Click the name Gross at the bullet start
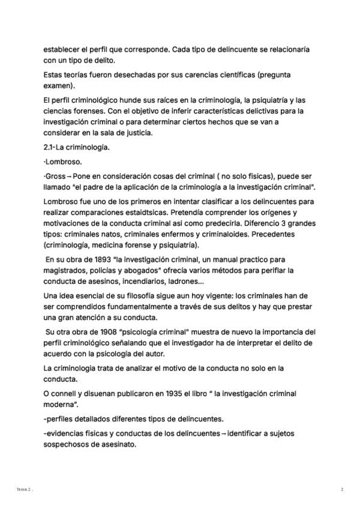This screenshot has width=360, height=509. click(x=55, y=177)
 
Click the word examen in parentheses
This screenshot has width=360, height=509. click(x=58, y=85)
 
